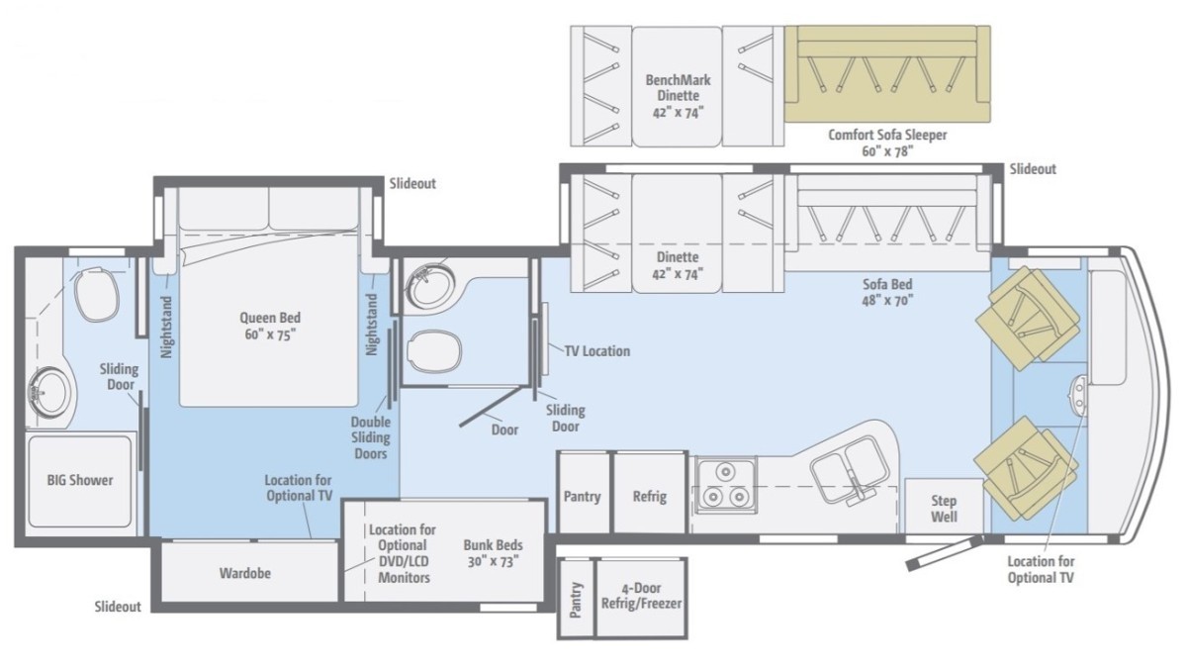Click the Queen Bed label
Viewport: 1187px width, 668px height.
(270, 326)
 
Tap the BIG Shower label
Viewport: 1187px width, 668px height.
(80, 480)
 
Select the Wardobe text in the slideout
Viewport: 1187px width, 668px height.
(245, 573)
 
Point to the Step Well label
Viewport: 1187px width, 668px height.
(944, 509)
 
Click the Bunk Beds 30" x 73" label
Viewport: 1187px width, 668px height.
(493, 553)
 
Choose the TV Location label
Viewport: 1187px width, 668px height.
(597, 351)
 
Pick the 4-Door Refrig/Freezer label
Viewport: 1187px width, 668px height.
(641, 596)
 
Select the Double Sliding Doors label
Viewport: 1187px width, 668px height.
(370, 437)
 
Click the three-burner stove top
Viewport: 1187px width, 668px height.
(726, 485)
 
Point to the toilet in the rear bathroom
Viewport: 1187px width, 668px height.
(96, 298)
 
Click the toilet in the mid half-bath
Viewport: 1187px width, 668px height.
(434, 350)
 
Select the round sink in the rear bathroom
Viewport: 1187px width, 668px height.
(48, 393)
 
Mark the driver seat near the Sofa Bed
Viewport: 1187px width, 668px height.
(1027, 318)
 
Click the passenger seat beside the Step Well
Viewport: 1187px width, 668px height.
(1026, 470)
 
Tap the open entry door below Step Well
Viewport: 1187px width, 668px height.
(945, 552)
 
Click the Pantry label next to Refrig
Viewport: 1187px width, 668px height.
(582, 497)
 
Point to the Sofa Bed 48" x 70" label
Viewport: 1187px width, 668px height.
(887, 292)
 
